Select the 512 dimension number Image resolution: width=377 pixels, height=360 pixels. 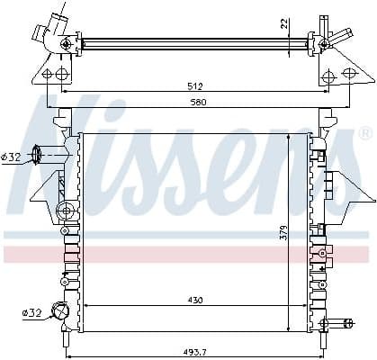coord(195,87)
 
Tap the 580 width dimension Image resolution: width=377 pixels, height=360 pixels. coord(195,102)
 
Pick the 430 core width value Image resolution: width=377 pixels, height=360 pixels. coord(195,300)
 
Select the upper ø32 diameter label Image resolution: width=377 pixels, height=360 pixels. coord(11,157)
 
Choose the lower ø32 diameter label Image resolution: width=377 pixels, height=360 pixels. coord(32,313)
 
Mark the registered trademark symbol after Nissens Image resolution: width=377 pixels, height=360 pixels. coord(364,133)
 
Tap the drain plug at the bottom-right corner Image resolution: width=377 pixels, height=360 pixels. coord(338,322)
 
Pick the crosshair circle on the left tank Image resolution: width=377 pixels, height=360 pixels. coord(65,211)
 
